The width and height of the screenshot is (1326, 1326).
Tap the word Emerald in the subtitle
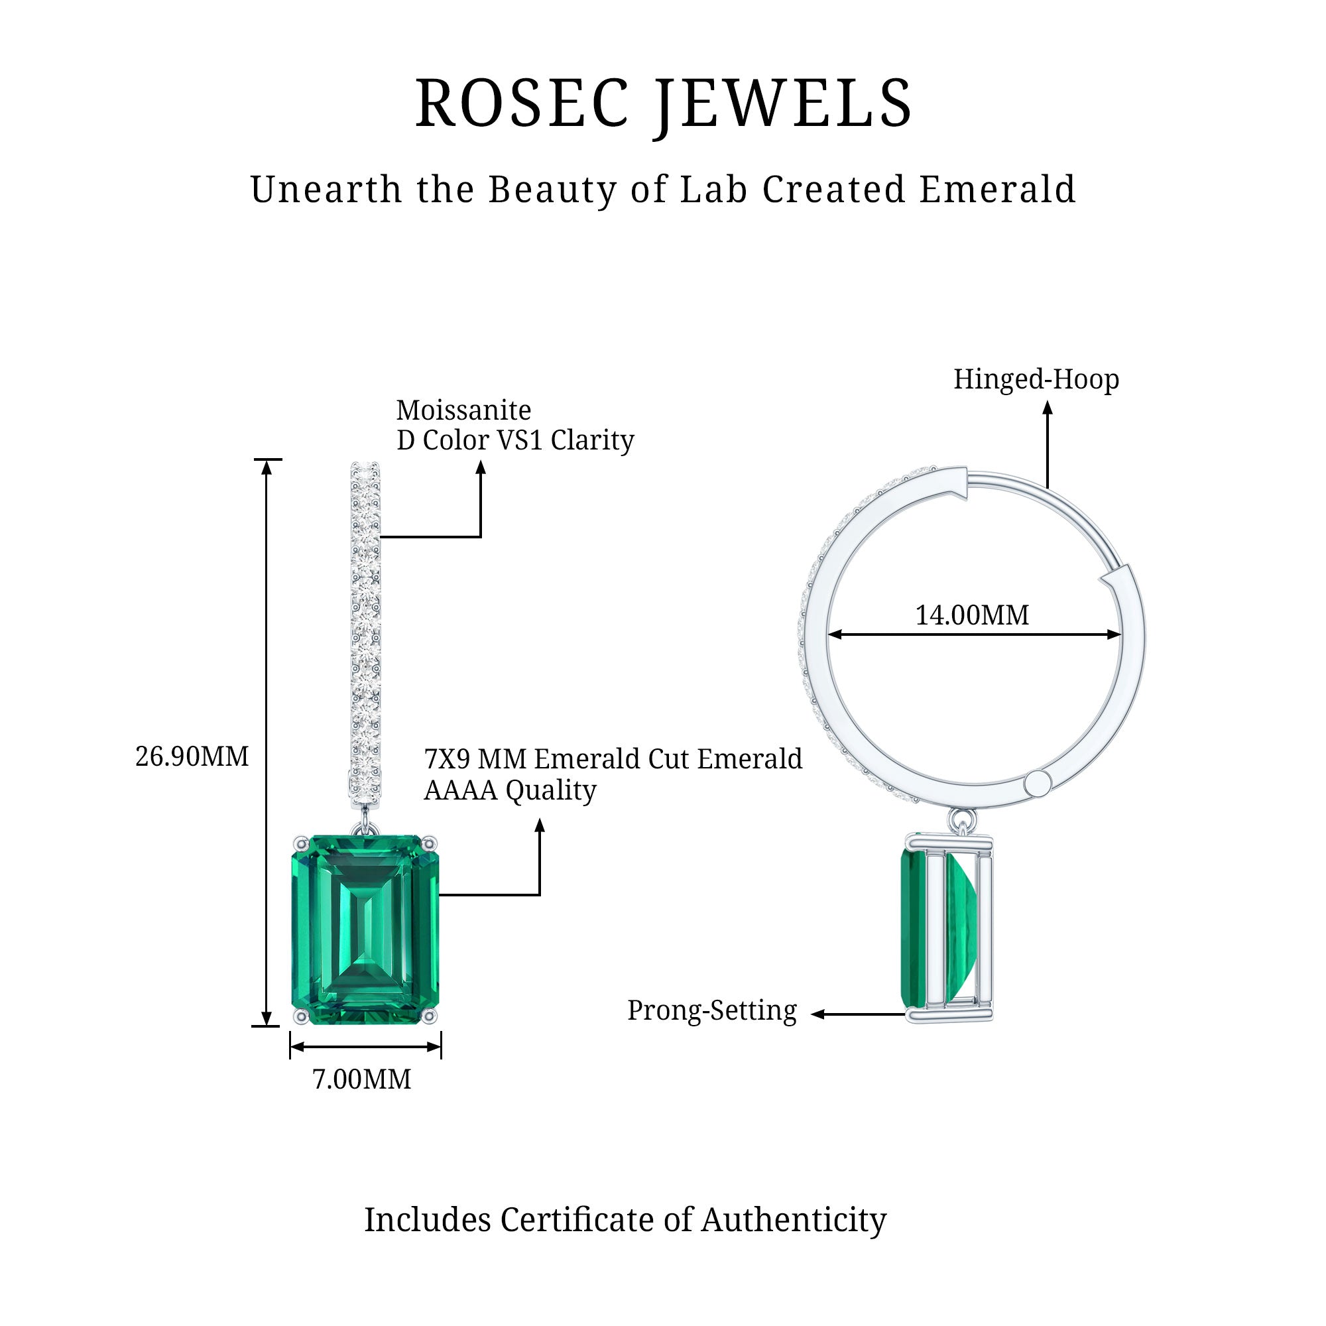click(997, 190)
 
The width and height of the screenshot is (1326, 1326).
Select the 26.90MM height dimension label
click(192, 756)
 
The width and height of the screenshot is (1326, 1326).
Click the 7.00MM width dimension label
click(362, 1079)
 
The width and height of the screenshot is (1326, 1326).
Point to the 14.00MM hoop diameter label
click(972, 615)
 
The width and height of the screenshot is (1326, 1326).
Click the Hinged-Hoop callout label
click(1036, 379)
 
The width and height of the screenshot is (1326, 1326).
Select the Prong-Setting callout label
click(711, 1010)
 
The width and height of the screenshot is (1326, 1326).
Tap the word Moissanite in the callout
click(463, 410)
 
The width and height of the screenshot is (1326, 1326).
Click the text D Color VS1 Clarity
click(514, 441)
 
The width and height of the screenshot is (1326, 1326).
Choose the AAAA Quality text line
click(510, 790)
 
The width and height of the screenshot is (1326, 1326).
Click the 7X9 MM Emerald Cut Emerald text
click(613, 759)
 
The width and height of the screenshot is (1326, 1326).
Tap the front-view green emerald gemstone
click(365, 930)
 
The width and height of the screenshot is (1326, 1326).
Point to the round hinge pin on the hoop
click(1037, 782)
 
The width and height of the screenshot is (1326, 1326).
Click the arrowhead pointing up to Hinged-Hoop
click(1048, 408)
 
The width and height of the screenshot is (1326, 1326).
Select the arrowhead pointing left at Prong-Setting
click(817, 1014)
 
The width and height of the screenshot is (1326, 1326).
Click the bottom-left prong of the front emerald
click(299, 1016)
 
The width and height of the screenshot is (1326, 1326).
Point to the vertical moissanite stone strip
click(365, 631)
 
